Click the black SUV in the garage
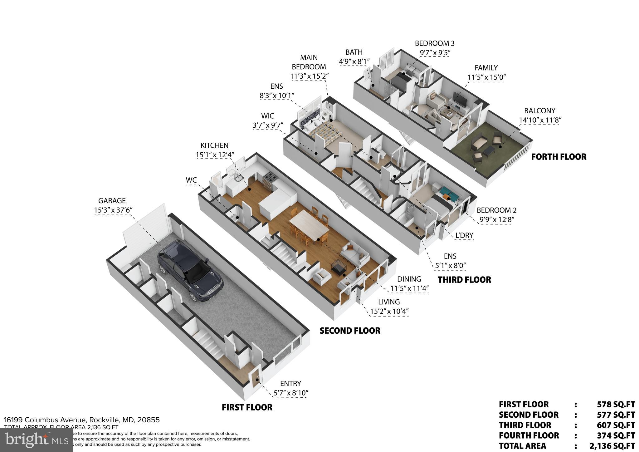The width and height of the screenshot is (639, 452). (190, 270)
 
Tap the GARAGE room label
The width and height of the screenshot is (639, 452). (112, 201)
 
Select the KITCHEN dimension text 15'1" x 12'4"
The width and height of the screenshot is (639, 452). (215, 155)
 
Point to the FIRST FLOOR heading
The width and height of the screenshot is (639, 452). (247, 407)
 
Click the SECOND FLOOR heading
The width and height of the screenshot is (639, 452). (350, 331)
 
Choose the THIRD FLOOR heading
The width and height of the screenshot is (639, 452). (464, 280)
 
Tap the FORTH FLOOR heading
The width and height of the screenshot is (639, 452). (559, 157)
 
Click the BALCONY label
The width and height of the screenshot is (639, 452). (539, 111)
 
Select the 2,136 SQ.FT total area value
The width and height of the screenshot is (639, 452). (612, 446)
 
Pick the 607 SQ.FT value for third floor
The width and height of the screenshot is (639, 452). (616, 425)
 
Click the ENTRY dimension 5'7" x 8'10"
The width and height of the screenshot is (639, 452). (291, 393)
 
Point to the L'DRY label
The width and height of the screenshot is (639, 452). (464, 235)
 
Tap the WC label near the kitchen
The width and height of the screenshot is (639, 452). (191, 180)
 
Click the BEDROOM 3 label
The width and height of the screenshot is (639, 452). (434, 43)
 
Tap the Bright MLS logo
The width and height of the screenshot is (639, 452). (37, 440)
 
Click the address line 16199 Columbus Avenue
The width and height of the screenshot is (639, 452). (82, 420)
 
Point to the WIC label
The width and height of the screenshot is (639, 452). (267, 116)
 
